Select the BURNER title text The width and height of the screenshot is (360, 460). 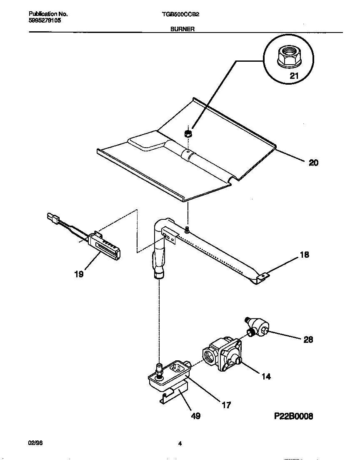pyautogui.click(x=180, y=29)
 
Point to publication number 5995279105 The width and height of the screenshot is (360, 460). pyautogui.click(x=45, y=20)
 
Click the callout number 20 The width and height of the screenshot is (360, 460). pyautogui.click(x=313, y=163)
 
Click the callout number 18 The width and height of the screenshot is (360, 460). pyautogui.click(x=305, y=254)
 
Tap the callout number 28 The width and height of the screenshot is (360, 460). pyautogui.click(x=308, y=339)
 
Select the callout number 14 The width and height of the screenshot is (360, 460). pyautogui.click(x=266, y=376)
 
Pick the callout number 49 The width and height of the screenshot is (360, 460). pyautogui.click(x=195, y=416)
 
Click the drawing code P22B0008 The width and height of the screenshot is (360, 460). pyautogui.click(x=293, y=416)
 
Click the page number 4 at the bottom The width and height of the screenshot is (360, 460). pyautogui.click(x=180, y=444)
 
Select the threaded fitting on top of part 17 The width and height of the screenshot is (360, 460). pyautogui.click(x=158, y=369)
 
